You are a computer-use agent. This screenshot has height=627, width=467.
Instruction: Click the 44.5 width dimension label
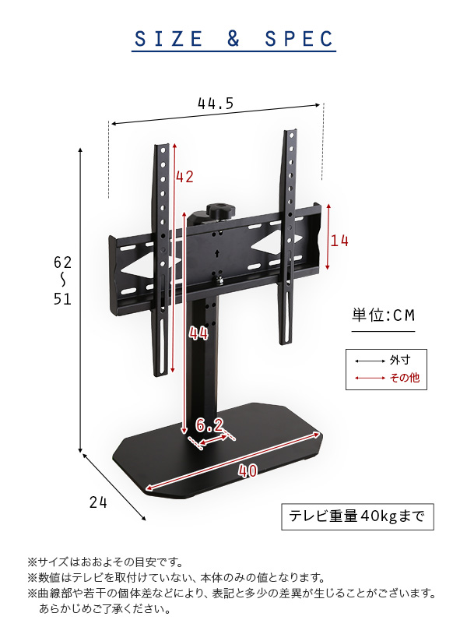pyautogui.click(x=216, y=104)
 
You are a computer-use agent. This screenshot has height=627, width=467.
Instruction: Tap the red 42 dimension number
pyautogui.click(x=184, y=177)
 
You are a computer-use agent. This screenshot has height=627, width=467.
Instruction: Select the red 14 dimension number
pyautogui.click(x=339, y=241)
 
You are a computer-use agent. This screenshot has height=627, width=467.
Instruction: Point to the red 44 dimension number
pyautogui.click(x=198, y=333)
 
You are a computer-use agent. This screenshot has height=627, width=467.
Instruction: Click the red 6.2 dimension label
pyautogui.click(x=209, y=425)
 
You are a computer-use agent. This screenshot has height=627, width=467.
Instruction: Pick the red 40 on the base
pyautogui.click(x=248, y=471)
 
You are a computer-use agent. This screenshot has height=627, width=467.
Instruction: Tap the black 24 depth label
pyautogui.click(x=98, y=502)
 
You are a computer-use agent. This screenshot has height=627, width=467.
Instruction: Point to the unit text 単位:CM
pyautogui.click(x=383, y=315)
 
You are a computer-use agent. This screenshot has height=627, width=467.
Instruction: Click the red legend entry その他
pyautogui.click(x=405, y=378)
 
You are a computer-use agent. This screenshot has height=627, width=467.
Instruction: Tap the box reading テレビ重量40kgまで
pyautogui.click(x=357, y=517)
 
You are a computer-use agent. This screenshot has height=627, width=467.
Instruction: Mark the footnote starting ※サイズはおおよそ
pyautogui.click(x=105, y=562)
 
